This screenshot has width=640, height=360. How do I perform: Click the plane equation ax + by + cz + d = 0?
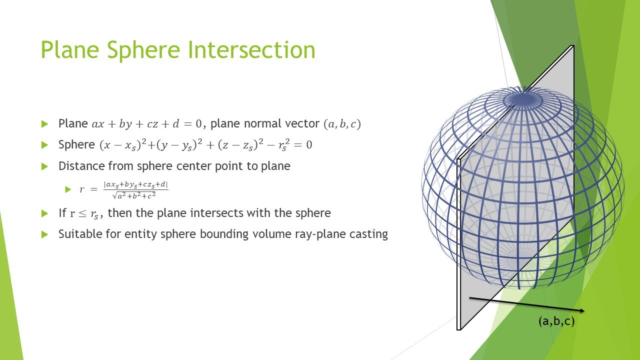pyautogui.click(x=146, y=124)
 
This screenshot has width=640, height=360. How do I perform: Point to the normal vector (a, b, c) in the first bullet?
pyautogui.click(x=342, y=124)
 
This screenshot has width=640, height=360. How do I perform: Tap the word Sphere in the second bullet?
pyautogui.click(x=76, y=145)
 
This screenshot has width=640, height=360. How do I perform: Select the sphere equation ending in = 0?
pyautogui.click(x=205, y=145)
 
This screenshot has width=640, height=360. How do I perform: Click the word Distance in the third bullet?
pyautogui.click(x=79, y=166)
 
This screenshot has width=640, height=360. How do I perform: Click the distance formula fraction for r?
pyautogui.click(x=135, y=189)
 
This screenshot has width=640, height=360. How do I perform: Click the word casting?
pyautogui.click(x=369, y=234)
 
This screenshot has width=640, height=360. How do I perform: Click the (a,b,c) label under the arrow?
pyautogui.click(x=556, y=321)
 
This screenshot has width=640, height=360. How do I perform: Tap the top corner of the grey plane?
pyautogui.click(x=572, y=46)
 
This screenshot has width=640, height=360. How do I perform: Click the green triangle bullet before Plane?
pyautogui.click(x=45, y=124)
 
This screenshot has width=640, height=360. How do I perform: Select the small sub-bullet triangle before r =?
pyautogui.click(x=68, y=189)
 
